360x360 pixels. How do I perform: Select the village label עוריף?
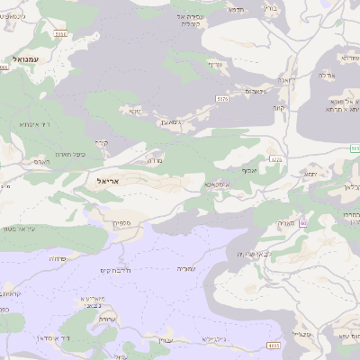(x=214, y=64)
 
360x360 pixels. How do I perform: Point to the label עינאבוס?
(x=255, y=91)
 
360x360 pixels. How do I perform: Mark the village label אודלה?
(x=326, y=76)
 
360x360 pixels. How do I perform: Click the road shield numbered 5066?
(x=59, y=32)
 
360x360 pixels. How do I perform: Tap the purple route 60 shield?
(x=303, y=222)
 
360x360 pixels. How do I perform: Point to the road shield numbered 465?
(x=274, y=345)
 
